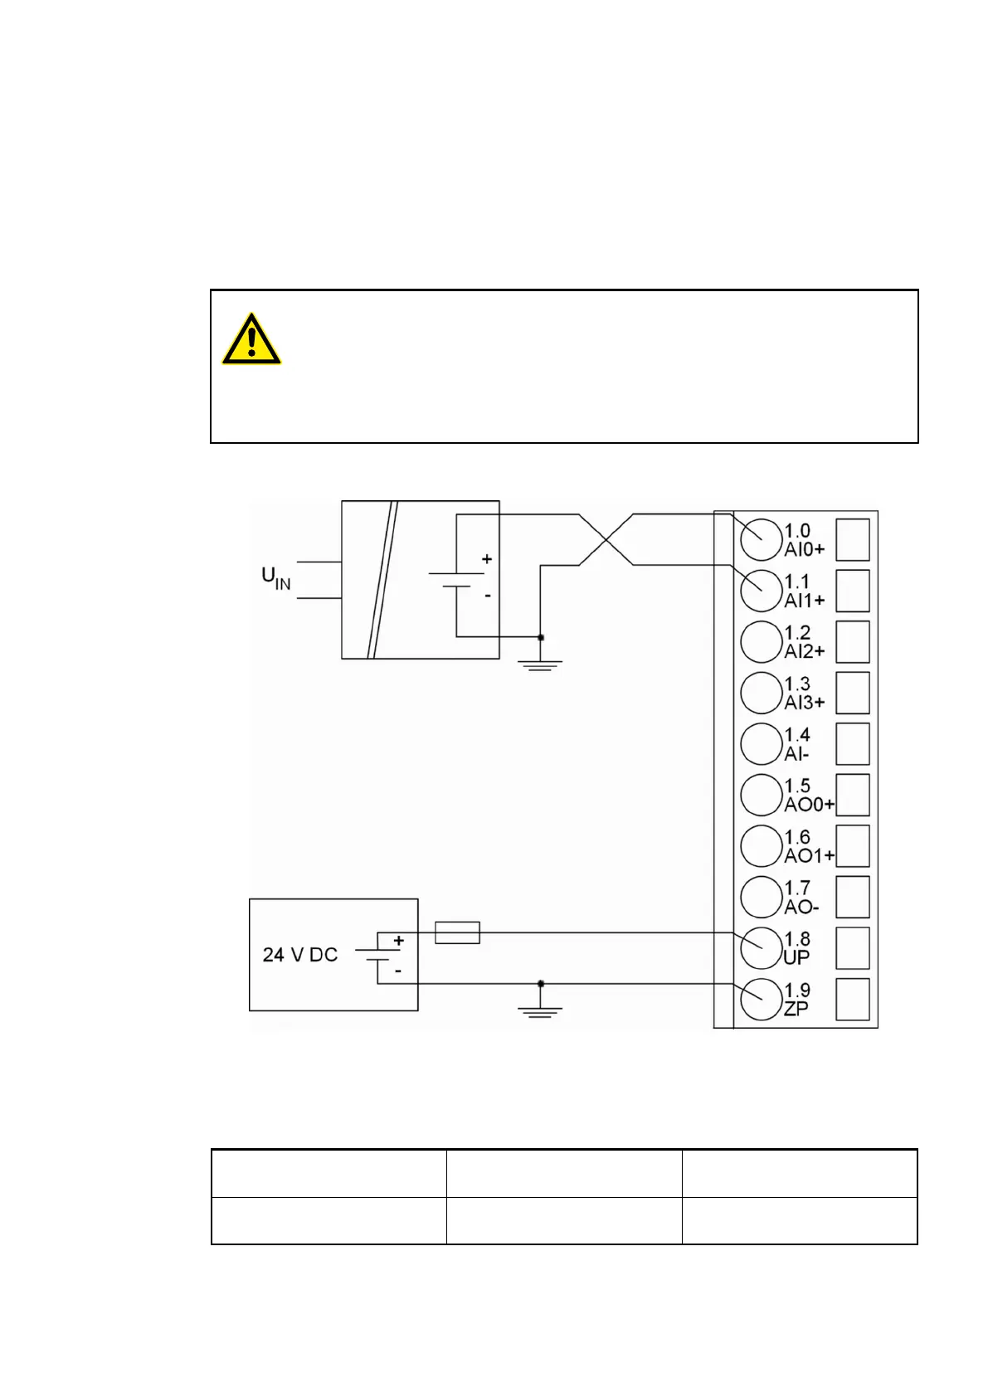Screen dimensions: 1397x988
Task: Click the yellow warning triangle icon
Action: (x=251, y=339)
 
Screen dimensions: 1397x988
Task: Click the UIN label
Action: (x=275, y=578)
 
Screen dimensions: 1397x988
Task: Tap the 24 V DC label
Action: (x=299, y=955)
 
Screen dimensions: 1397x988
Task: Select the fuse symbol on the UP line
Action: (x=457, y=932)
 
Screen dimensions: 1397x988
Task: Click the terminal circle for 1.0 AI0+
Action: (x=761, y=540)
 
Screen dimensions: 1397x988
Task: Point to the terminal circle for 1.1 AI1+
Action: (x=761, y=591)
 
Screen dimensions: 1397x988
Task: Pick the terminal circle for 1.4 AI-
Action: (x=761, y=744)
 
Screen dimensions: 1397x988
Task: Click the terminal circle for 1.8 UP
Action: (x=761, y=948)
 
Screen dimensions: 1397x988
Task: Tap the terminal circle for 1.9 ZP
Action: (x=761, y=1000)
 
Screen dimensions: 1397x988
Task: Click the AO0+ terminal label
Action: (x=809, y=805)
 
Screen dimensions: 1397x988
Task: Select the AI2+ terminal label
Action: (x=805, y=651)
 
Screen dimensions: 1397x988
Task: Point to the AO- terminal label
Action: (x=801, y=907)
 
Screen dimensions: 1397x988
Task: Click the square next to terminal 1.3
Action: (x=852, y=693)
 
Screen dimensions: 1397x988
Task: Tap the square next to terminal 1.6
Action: (x=852, y=846)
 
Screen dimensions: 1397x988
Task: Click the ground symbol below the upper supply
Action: (x=540, y=663)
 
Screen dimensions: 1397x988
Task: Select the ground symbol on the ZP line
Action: (x=540, y=1010)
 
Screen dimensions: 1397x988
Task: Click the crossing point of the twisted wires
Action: (x=606, y=540)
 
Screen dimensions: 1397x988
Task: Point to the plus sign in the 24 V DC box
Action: (x=399, y=941)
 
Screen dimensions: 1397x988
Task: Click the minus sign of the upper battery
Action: (x=487, y=595)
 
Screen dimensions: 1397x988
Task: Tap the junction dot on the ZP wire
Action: (x=541, y=983)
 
